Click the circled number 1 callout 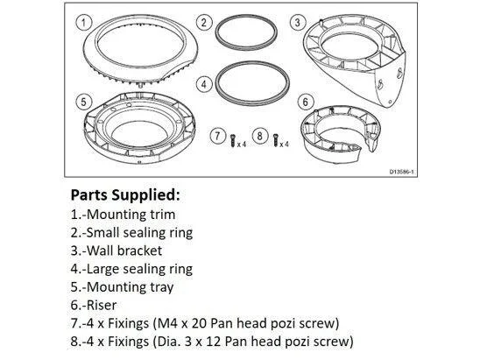[x=83, y=23]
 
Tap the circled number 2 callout [x=204, y=22]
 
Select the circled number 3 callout [x=297, y=23]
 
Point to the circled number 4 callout [x=204, y=84]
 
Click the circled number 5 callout [x=83, y=102]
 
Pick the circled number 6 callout [x=305, y=102]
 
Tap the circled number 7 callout [x=217, y=136]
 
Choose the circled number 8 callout [x=260, y=136]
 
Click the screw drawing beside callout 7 [x=233, y=140]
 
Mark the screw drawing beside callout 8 [x=276, y=140]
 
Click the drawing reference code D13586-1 [x=401, y=172]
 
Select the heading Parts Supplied [x=125, y=195]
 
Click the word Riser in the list [x=102, y=305]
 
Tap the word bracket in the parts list [x=139, y=251]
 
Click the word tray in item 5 [x=162, y=287]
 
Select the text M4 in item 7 [x=166, y=323]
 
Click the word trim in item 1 [x=163, y=215]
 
